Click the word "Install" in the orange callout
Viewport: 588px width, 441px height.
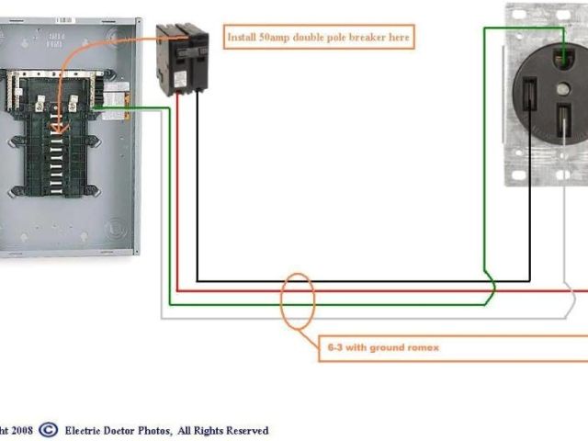coord(243,38)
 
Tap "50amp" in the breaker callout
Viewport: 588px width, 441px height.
coord(281,38)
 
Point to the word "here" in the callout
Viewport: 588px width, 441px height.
coord(398,38)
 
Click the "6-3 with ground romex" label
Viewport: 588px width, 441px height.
coord(383,348)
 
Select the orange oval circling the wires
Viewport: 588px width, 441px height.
coord(298,300)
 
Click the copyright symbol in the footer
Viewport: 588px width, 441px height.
coord(48,429)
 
